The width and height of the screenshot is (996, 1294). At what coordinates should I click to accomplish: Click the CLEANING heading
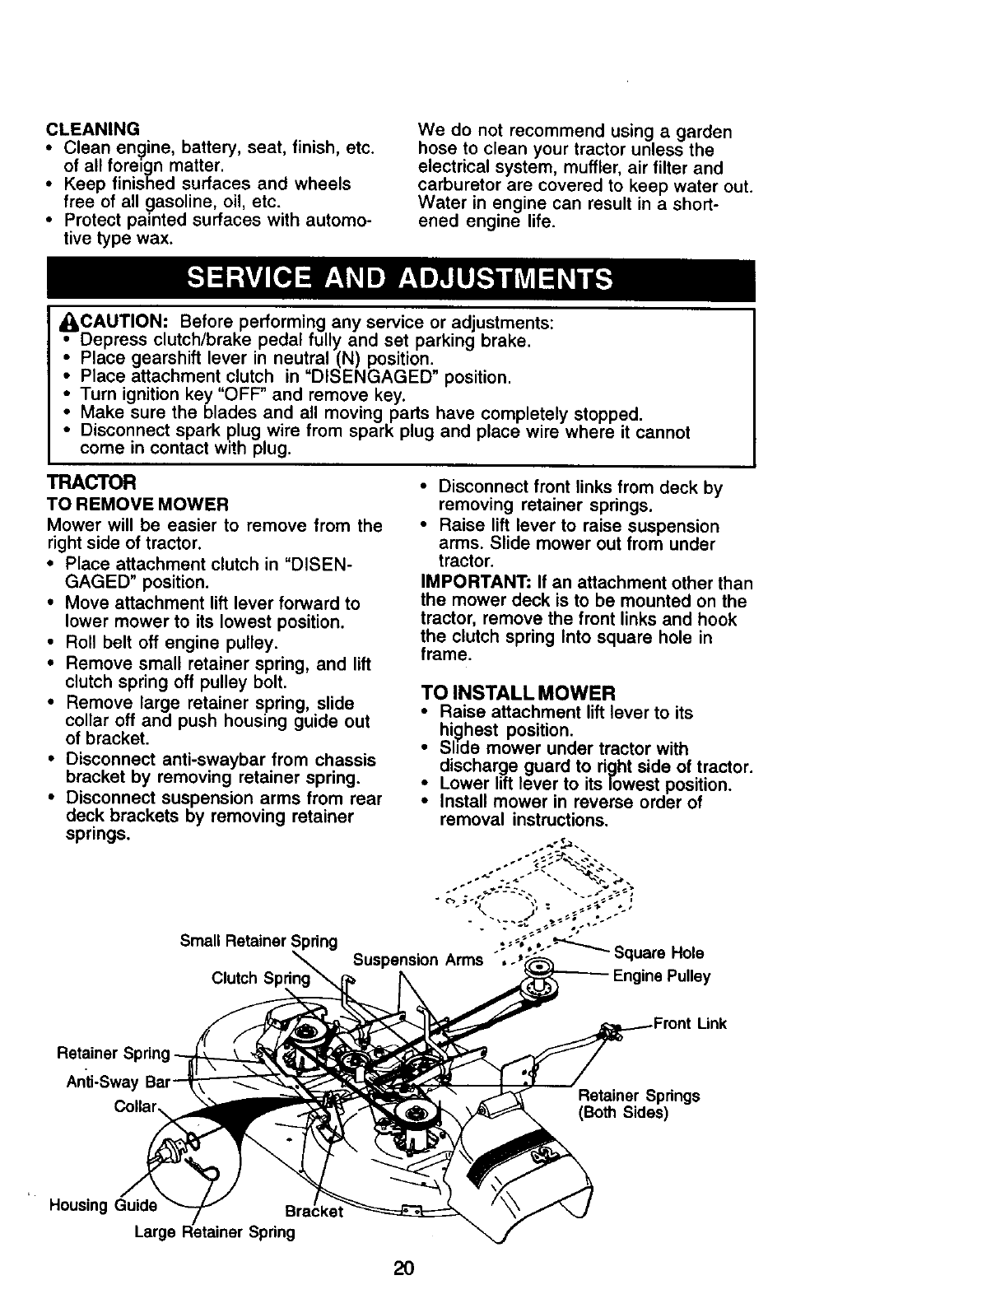(93, 129)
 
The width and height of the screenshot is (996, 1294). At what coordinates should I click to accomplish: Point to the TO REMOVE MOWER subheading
(137, 504)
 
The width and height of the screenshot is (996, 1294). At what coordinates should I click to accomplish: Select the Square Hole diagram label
(659, 953)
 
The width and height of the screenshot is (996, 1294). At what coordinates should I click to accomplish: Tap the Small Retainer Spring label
(258, 941)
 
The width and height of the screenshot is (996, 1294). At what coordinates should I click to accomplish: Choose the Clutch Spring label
(261, 979)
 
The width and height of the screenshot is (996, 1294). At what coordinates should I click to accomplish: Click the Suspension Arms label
(417, 960)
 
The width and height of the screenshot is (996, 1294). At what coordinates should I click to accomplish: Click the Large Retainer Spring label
(215, 1232)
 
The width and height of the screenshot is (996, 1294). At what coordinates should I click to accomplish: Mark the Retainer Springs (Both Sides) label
(639, 1104)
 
